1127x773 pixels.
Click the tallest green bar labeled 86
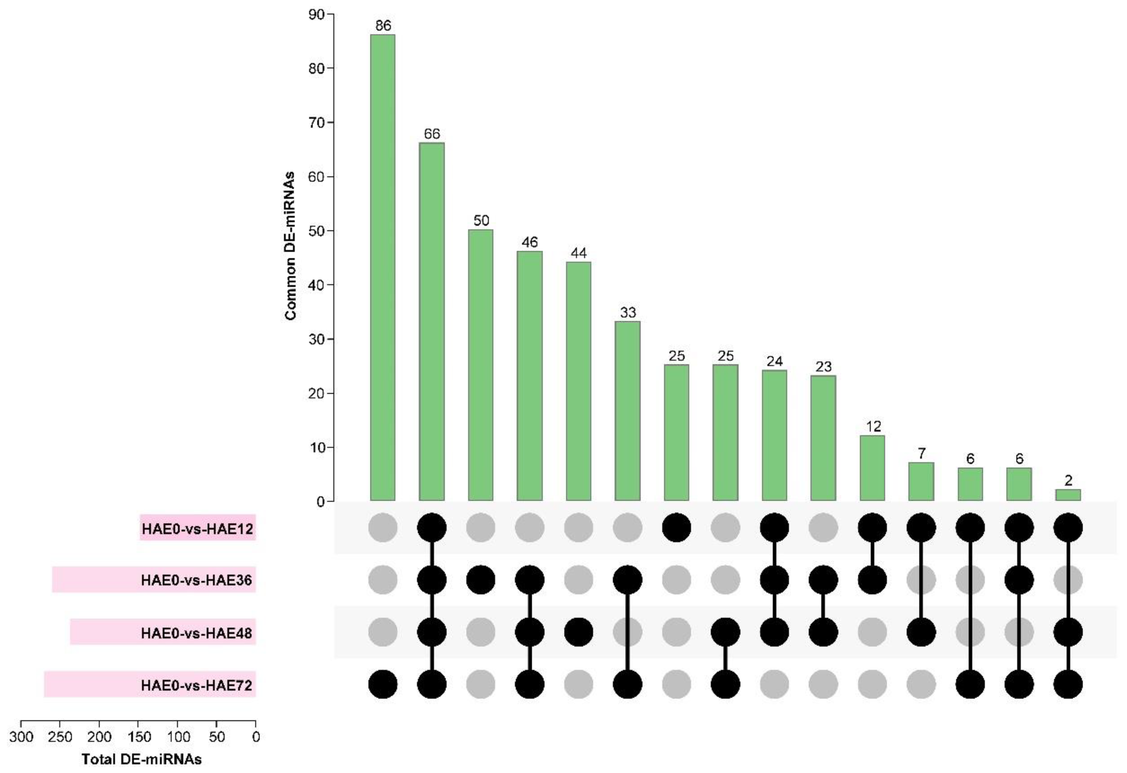(383, 267)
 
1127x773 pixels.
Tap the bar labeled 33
(627, 410)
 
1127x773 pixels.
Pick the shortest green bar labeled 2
(1068, 495)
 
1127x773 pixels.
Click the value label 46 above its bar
(530, 242)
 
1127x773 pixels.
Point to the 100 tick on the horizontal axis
(178, 737)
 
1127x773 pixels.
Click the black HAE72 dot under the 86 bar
(383, 684)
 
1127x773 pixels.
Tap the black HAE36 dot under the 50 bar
(480, 580)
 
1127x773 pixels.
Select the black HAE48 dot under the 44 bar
(579, 632)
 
